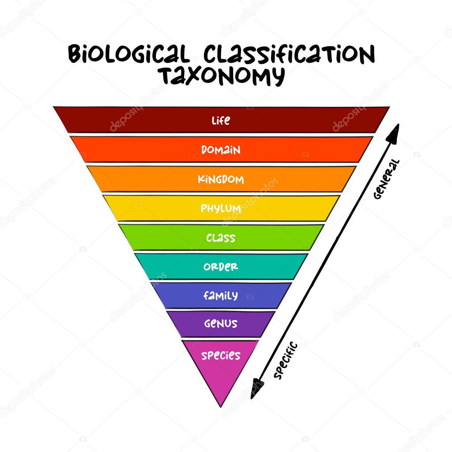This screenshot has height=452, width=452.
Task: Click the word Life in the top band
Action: coord(221,121)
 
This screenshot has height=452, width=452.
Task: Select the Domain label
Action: coord(221,150)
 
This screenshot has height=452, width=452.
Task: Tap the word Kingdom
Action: coord(221,179)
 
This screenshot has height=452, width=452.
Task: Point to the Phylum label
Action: coord(221,208)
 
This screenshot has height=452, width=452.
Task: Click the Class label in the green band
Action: coord(221,238)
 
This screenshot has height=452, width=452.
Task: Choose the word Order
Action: coord(221,267)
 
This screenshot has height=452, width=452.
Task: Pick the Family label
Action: coord(221,295)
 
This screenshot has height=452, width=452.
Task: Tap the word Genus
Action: coord(221,324)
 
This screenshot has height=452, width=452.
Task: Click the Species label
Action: coord(221,355)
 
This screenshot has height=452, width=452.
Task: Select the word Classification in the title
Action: coord(289,54)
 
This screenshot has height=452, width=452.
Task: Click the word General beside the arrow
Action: coord(386,179)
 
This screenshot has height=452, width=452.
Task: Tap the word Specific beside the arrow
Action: coord(285,360)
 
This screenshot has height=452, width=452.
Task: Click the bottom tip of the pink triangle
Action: coord(221,407)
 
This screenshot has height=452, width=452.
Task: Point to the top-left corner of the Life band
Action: coord(53,107)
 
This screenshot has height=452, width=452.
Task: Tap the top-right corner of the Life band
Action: coord(389,107)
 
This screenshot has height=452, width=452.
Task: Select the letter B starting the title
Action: coord(75,53)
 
